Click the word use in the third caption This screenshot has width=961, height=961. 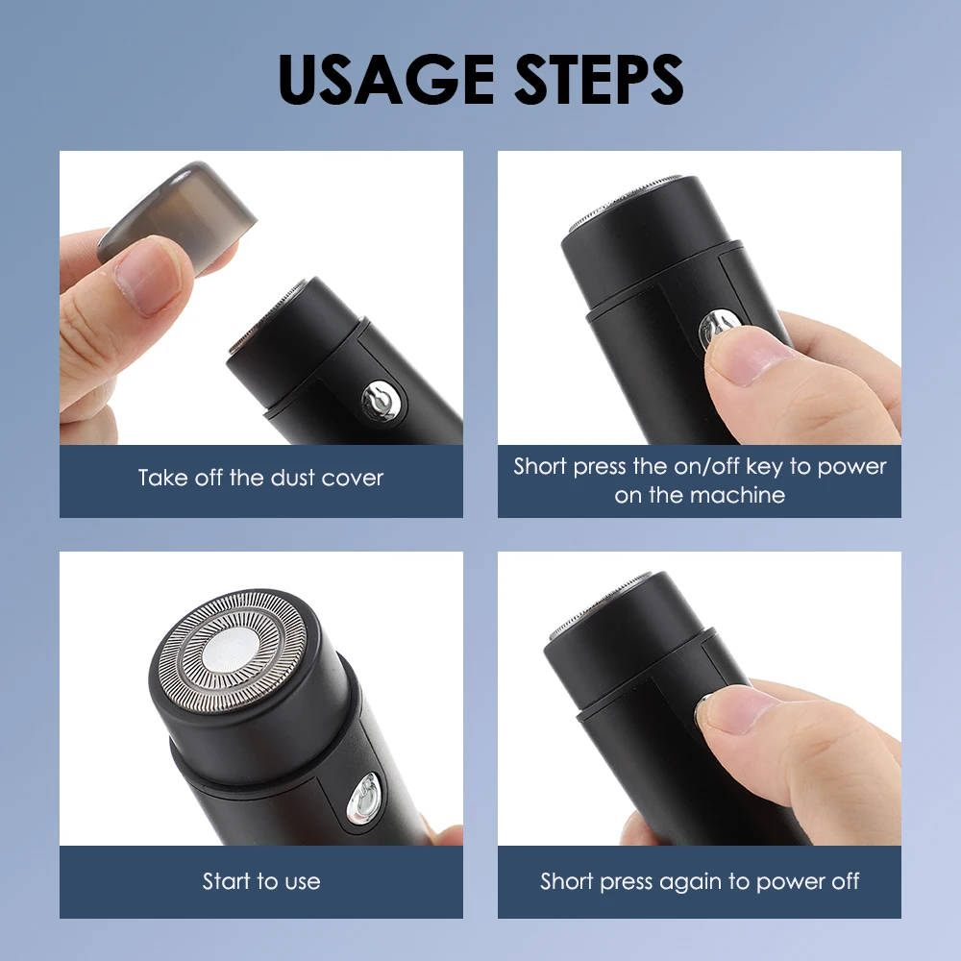pyautogui.click(x=302, y=881)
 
